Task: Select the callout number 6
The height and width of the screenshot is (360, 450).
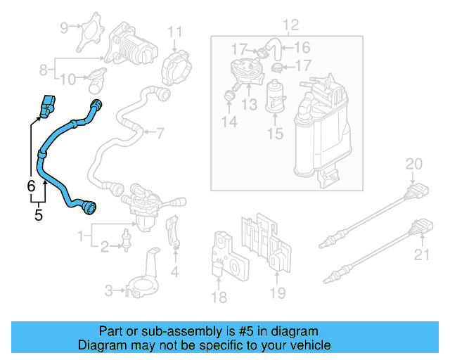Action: coord(30,186)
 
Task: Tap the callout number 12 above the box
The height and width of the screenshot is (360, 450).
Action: coord(290,26)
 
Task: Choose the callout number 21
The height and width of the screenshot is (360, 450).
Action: coord(421,255)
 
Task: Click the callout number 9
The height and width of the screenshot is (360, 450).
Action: coord(65,28)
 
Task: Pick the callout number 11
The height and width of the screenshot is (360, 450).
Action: coord(174,32)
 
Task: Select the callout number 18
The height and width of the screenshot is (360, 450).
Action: coord(219,297)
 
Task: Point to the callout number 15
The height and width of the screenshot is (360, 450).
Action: coord(275,132)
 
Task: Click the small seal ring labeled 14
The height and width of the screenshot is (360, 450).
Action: coord(229,95)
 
